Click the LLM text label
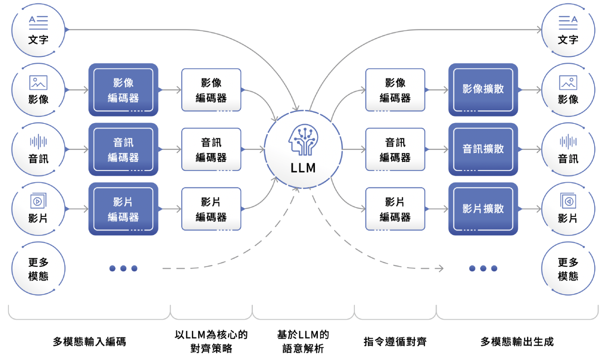(x=303, y=168)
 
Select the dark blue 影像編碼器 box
(x=123, y=90)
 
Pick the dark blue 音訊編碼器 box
(x=123, y=149)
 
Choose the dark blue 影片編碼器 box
(x=123, y=209)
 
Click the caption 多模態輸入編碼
(x=89, y=342)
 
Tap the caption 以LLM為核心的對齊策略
(x=211, y=342)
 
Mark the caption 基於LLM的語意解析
(x=303, y=342)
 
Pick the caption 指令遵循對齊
(x=395, y=342)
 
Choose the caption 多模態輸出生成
(x=517, y=342)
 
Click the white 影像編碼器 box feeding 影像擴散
(x=395, y=90)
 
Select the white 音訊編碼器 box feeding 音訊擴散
(x=395, y=149)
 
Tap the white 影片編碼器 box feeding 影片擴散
(x=395, y=209)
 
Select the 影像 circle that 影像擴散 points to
(x=568, y=90)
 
